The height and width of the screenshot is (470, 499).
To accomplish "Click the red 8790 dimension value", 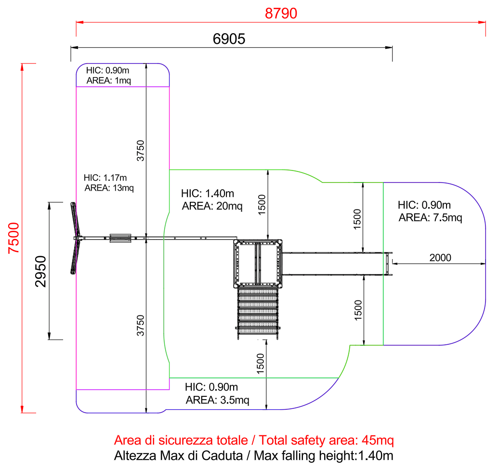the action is pos(281,13).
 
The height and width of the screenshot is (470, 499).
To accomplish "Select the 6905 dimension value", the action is pos(229,39).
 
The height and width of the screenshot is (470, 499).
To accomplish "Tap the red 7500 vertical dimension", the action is pos(13,238).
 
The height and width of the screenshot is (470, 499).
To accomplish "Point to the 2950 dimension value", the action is pos(41,271).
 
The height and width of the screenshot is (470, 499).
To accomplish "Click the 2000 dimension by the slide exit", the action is pos(440,258).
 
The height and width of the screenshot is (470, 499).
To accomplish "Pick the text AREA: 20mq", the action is pos(212,206).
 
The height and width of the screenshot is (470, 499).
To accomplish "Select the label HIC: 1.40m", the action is pos(208,193).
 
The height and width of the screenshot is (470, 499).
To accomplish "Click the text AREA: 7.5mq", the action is pos(430,218).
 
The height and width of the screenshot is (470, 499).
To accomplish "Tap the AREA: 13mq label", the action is pos(109,188).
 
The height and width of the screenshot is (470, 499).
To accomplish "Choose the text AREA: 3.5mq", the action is pos(217,400).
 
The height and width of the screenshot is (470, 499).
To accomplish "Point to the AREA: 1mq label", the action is pos(109,80).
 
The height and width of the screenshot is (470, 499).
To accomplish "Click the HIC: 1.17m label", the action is pos(105,178).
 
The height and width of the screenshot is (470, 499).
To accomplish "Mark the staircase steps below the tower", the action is pos(258,313).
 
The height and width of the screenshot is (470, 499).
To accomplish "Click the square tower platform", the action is pos(258,263).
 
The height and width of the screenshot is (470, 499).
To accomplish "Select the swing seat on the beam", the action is pos(120,238).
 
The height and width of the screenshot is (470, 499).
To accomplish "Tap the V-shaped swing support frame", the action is pos(76,238).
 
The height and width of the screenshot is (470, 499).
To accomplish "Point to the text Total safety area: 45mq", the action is pos(326,441).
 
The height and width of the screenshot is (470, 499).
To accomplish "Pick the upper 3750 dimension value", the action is pos(140,151).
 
